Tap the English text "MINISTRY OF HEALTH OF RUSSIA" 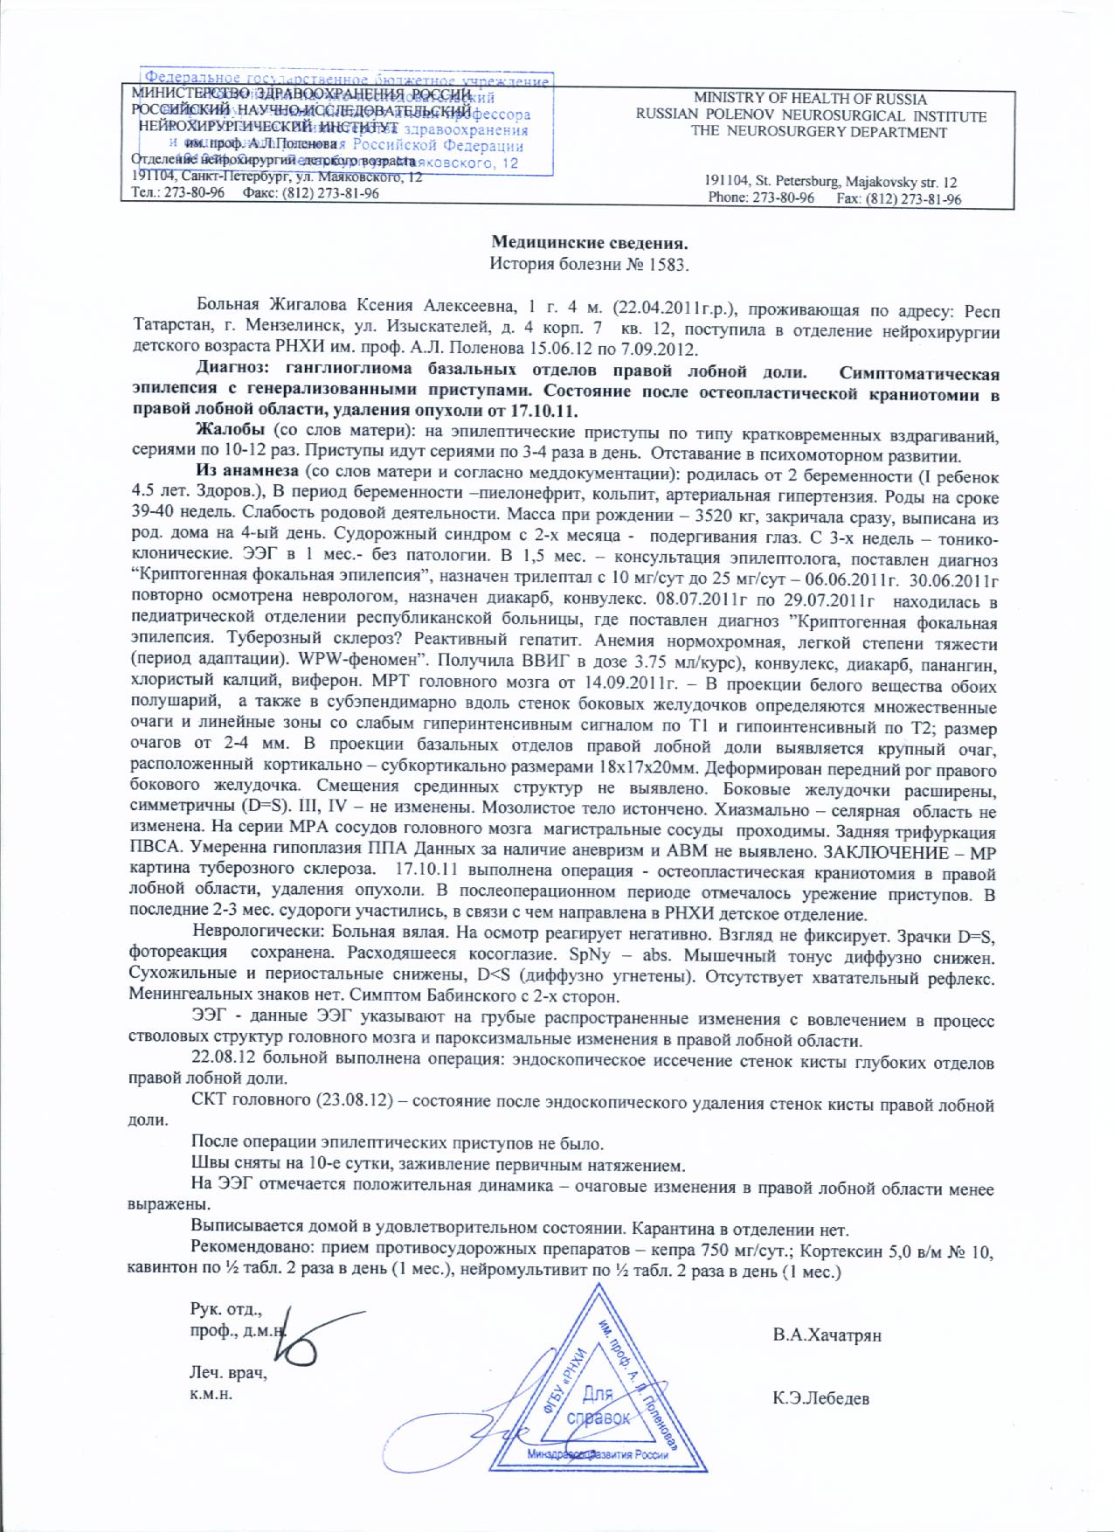(x=810, y=100)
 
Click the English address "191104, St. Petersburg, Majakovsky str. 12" (x=830, y=183)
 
